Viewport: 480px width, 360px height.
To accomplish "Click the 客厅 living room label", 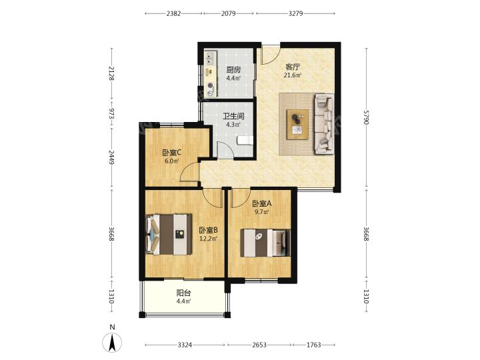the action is (x=293, y=67).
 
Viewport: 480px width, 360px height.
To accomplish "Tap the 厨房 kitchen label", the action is (x=233, y=70).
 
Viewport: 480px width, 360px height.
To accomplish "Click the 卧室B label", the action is (x=208, y=230).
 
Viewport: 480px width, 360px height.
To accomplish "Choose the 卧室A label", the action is (x=262, y=203).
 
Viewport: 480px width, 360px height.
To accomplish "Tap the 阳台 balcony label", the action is (x=184, y=293).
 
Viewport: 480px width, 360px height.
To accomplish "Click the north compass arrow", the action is (x=113, y=343).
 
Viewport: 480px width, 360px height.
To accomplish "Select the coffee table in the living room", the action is (x=297, y=125).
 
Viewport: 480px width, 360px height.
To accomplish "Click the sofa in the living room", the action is (x=324, y=124).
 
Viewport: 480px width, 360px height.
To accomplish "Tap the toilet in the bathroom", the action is (x=245, y=141).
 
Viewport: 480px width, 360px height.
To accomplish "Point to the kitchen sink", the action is (x=210, y=59).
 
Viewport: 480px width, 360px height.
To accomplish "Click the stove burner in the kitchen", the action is (x=210, y=86).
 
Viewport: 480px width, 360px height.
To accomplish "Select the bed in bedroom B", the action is (x=169, y=234).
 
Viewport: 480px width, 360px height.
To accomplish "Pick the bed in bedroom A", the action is (x=265, y=243).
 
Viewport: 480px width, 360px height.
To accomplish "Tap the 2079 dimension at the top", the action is (x=229, y=13).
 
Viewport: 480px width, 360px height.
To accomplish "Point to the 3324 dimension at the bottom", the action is (x=185, y=345).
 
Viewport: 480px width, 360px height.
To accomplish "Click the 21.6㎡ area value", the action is (x=293, y=75).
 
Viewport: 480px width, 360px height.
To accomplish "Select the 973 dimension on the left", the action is (x=112, y=113).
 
